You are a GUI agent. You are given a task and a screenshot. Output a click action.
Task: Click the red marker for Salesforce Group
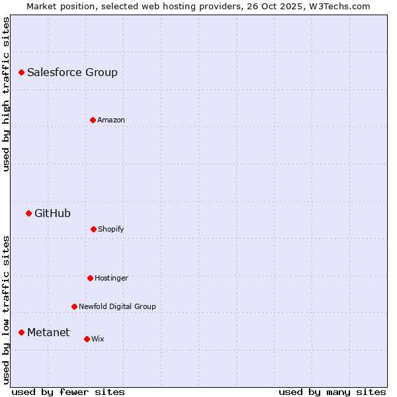[x=21, y=72]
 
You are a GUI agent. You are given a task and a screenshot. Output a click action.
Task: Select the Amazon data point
[x=93, y=120]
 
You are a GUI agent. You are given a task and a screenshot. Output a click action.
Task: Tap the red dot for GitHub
[x=28, y=213]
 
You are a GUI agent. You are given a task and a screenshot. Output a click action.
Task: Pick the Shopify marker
[x=93, y=229]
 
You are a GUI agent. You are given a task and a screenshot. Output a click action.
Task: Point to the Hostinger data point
[x=90, y=278]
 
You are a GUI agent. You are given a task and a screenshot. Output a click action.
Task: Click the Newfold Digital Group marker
[x=74, y=306]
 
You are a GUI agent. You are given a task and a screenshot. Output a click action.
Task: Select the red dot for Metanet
[x=21, y=332]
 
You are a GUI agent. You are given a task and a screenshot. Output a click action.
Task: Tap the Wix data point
[x=87, y=339]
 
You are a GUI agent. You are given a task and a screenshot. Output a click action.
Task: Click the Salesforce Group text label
[x=72, y=72]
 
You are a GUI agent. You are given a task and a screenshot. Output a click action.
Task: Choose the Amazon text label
[x=111, y=120]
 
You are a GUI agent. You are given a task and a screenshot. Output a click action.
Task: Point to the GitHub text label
[x=52, y=213]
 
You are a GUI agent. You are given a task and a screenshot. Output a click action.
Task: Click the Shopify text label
[x=111, y=229]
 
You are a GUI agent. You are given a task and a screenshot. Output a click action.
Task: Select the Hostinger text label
[x=111, y=278]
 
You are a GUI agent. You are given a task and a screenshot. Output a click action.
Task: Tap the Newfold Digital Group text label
[x=117, y=306]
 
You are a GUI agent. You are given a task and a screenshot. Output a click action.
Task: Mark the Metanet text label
[x=48, y=332]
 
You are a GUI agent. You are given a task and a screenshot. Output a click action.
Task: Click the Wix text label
[x=98, y=339]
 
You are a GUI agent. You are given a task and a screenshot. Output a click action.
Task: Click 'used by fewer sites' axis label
[x=68, y=392]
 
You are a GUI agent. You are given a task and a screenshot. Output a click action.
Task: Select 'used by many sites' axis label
[x=332, y=392]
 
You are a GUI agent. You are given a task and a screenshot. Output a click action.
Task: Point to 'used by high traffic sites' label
[x=6, y=94]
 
